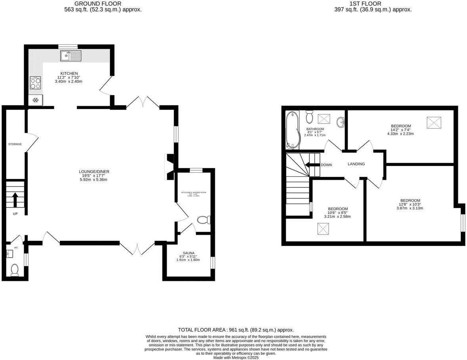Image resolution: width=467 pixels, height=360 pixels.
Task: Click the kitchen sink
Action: (x=71, y=56)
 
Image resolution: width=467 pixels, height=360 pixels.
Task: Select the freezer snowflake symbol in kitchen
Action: (x=35, y=101)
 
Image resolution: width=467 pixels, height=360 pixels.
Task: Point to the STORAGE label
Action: (x=15, y=144)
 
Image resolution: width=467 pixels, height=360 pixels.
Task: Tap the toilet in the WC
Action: (x=15, y=269)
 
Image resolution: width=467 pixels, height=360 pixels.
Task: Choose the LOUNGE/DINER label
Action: (x=94, y=171)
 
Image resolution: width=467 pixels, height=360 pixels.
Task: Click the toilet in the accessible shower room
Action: (x=204, y=220)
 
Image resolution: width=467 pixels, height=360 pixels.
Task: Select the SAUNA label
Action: (x=188, y=253)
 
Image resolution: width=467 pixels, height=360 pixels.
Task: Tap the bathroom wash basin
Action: (x=341, y=122)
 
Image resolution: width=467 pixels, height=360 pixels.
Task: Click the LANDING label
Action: (x=356, y=164)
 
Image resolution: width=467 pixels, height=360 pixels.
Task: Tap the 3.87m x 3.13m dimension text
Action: (x=410, y=208)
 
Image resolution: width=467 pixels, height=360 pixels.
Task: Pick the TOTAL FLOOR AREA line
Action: (x=236, y=330)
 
